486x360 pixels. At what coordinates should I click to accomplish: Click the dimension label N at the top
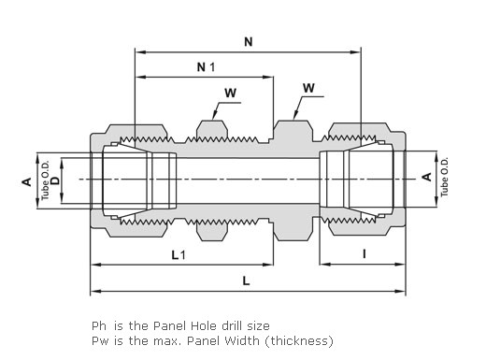coord(248,42)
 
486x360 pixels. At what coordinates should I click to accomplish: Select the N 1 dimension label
coord(206,67)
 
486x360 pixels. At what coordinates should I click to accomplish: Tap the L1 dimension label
coord(179,255)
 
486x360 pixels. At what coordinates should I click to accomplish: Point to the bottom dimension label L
coord(246,281)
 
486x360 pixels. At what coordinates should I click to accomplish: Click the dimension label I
coord(364,254)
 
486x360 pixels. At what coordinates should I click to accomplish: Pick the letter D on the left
coord(55,180)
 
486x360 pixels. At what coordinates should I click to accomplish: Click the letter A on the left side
coord(27,181)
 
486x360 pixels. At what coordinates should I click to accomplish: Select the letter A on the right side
coord(427,177)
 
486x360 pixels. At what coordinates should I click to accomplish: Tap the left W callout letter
coord(230,93)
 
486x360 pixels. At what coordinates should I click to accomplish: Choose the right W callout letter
coord(308,88)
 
